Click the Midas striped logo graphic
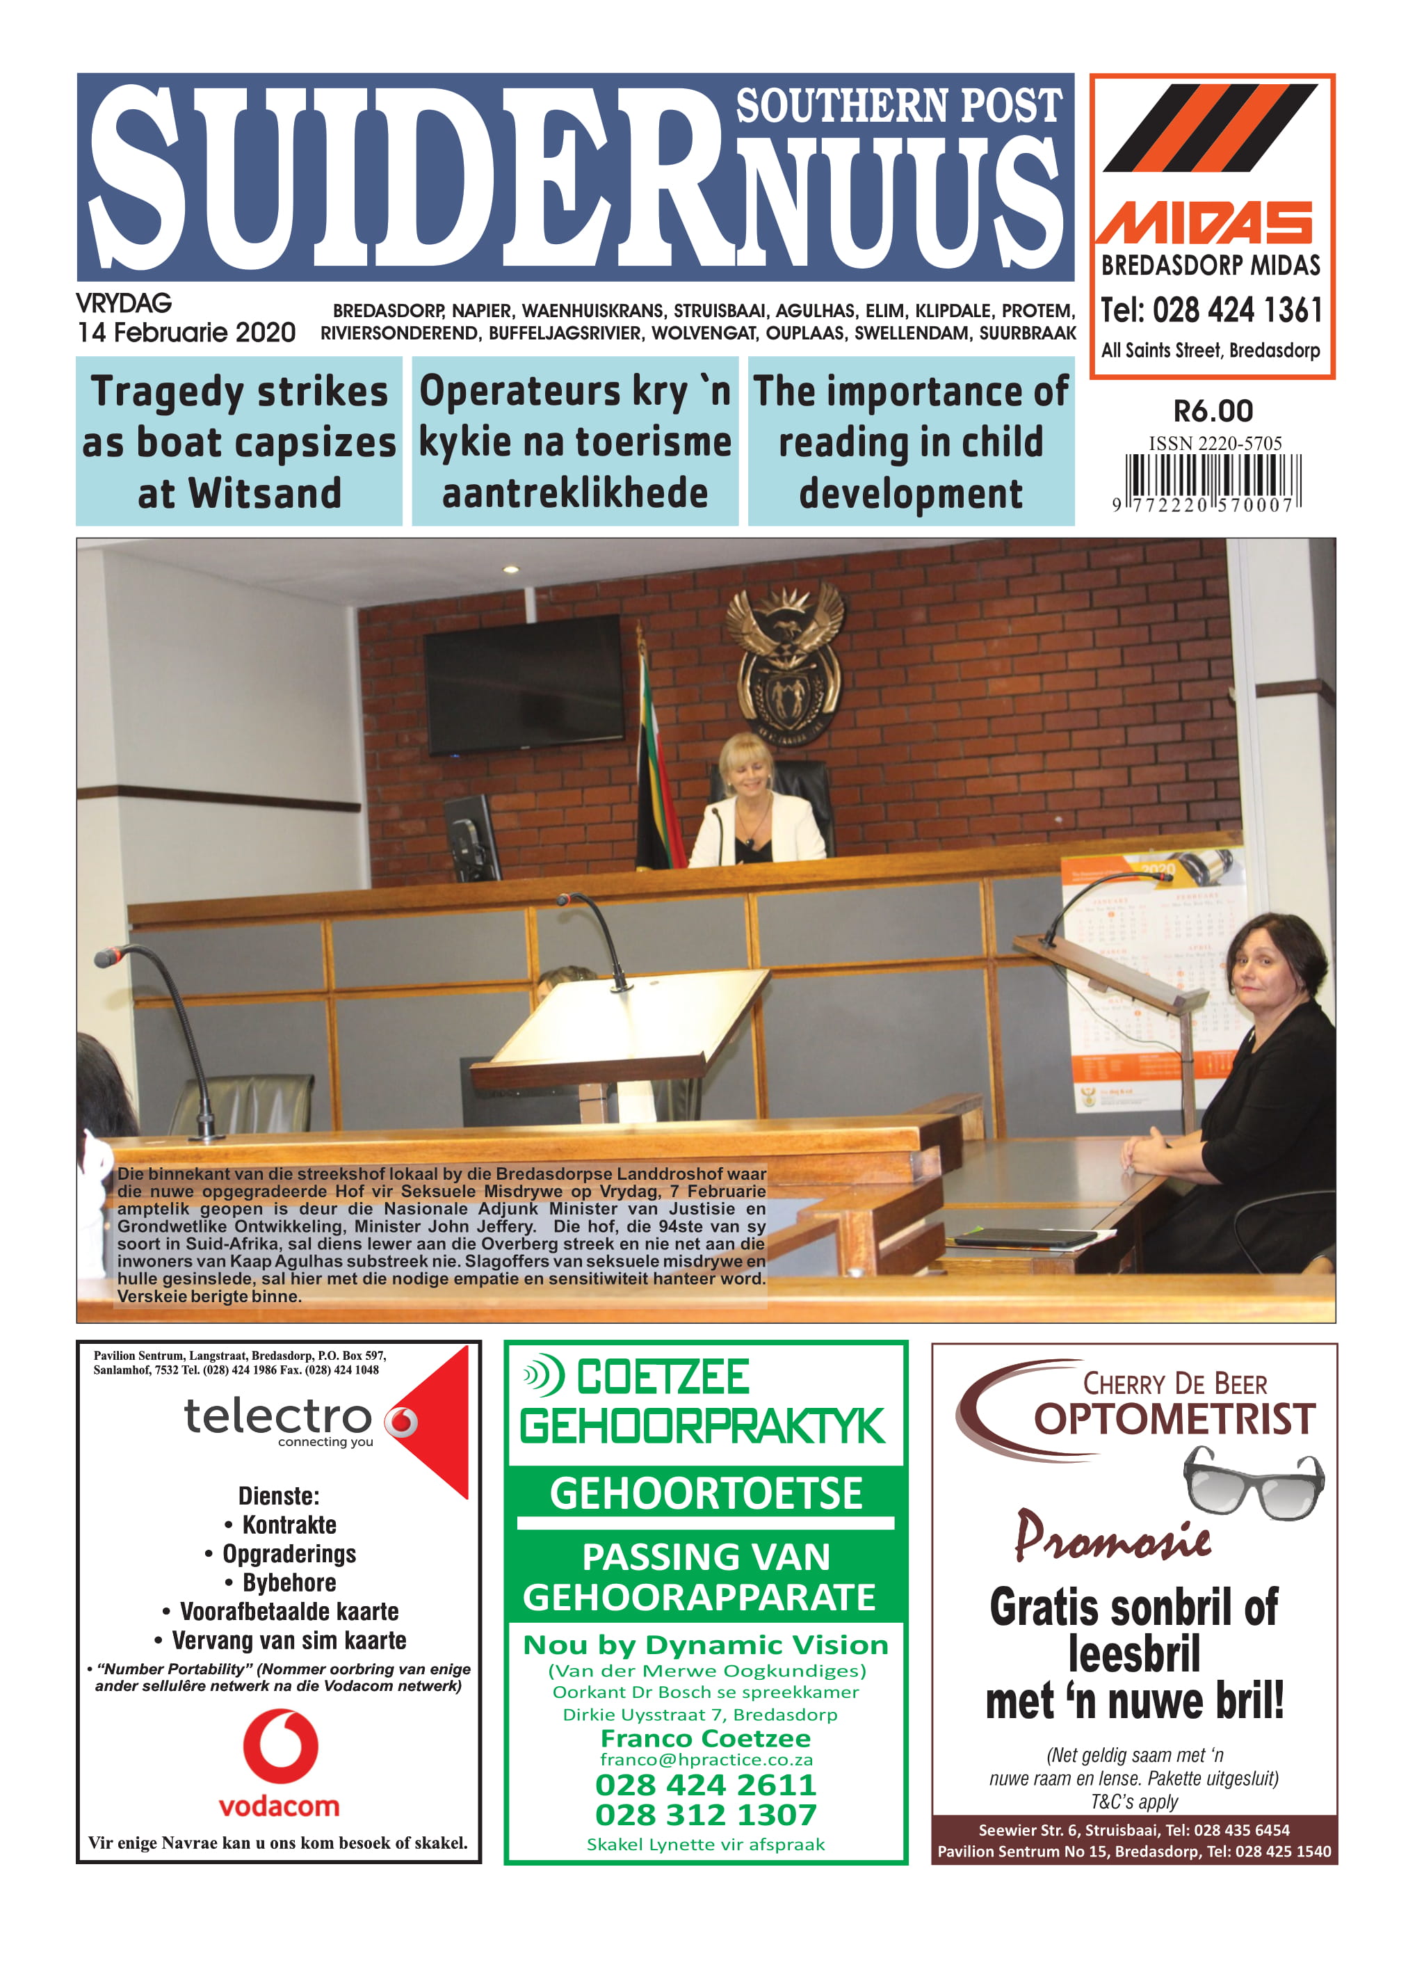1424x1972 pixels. (1210, 128)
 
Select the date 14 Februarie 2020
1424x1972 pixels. (186, 333)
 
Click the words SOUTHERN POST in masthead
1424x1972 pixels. (898, 106)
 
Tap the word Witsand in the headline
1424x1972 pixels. (265, 494)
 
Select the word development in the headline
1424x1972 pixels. (910, 494)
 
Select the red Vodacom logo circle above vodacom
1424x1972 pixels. (280, 1746)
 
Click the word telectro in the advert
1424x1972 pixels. (277, 1416)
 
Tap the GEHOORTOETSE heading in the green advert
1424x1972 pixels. (705, 1494)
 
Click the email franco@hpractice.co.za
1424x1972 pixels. (705, 1760)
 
